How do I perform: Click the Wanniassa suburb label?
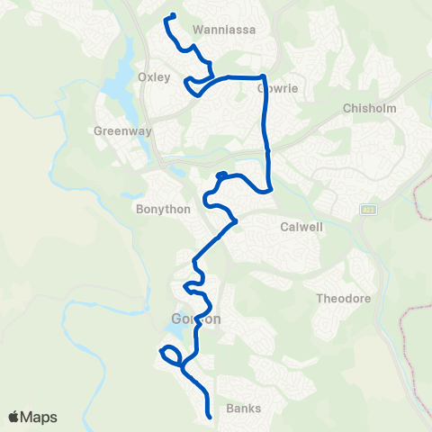[224, 29]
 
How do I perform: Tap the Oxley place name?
[154, 76]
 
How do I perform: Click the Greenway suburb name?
[116, 130]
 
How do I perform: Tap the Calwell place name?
[301, 227]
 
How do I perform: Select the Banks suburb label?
[244, 408]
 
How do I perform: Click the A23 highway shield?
[368, 210]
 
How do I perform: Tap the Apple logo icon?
[15, 417]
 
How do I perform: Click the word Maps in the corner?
[40, 417]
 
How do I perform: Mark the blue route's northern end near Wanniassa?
[171, 14]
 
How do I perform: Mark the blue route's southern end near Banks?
[209, 416]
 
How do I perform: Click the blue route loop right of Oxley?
[193, 85]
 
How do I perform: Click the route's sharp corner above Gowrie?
[262, 77]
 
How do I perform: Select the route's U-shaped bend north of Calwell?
[268, 188]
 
